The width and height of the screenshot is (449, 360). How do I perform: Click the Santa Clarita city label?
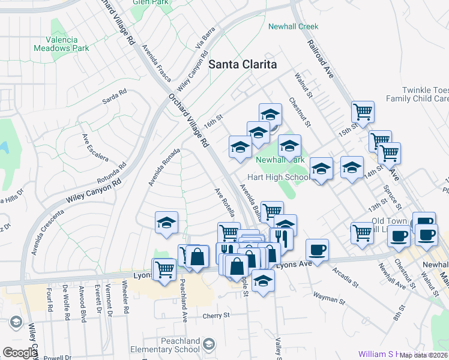tap(243, 64)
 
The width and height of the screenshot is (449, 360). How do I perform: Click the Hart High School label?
tap(279, 177)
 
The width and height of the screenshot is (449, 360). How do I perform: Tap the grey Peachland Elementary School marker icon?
tap(208, 344)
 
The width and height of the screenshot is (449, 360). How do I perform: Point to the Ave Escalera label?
tap(95, 147)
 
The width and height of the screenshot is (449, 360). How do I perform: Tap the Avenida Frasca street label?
tap(156, 63)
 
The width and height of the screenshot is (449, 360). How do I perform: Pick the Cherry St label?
tap(216, 316)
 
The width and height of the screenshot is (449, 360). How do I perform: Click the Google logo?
tap(20, 353)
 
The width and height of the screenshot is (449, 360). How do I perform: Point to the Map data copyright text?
tap(424, 355)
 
